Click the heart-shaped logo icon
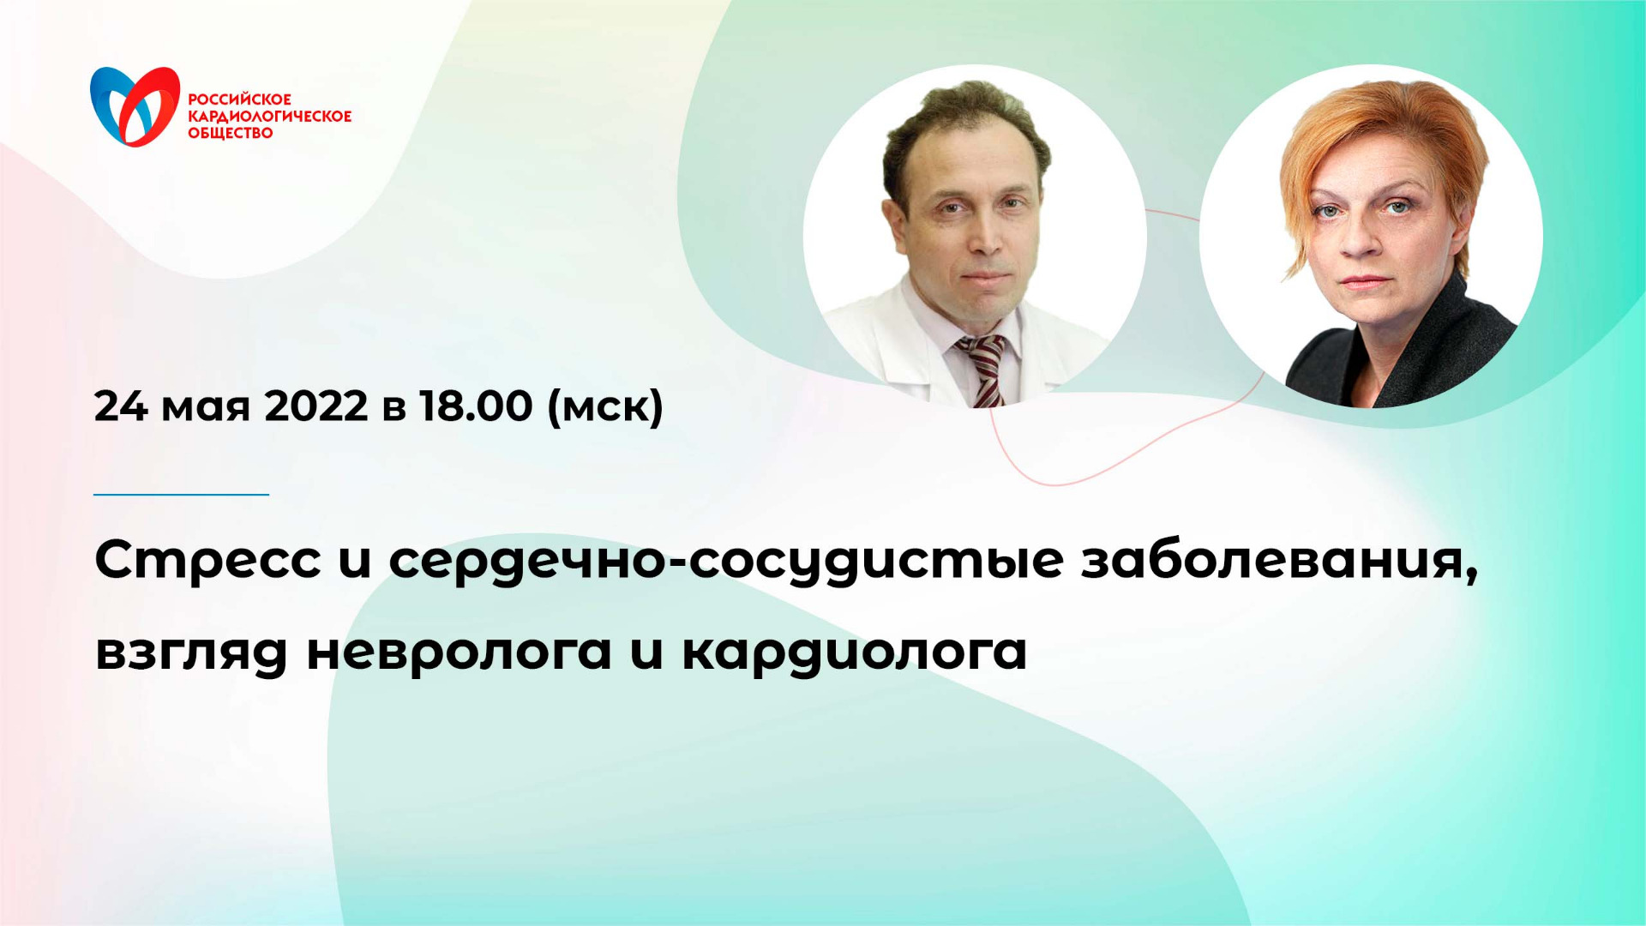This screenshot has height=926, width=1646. coord(135,106)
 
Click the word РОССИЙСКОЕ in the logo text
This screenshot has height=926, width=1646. coord(239,99)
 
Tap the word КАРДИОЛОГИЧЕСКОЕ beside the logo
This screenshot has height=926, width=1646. coord(269,117)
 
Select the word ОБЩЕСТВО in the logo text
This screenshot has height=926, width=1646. coord(230,133)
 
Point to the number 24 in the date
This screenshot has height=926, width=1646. coord(121,406)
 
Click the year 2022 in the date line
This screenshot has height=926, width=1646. coord(315,406)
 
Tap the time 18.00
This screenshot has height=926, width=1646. coord(476,406)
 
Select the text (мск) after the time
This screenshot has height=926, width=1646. coord(605,406)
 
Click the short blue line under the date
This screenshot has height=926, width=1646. coord(181,495)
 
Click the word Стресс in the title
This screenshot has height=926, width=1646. coord(207,561)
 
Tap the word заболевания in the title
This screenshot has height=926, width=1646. coord(1279,561)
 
